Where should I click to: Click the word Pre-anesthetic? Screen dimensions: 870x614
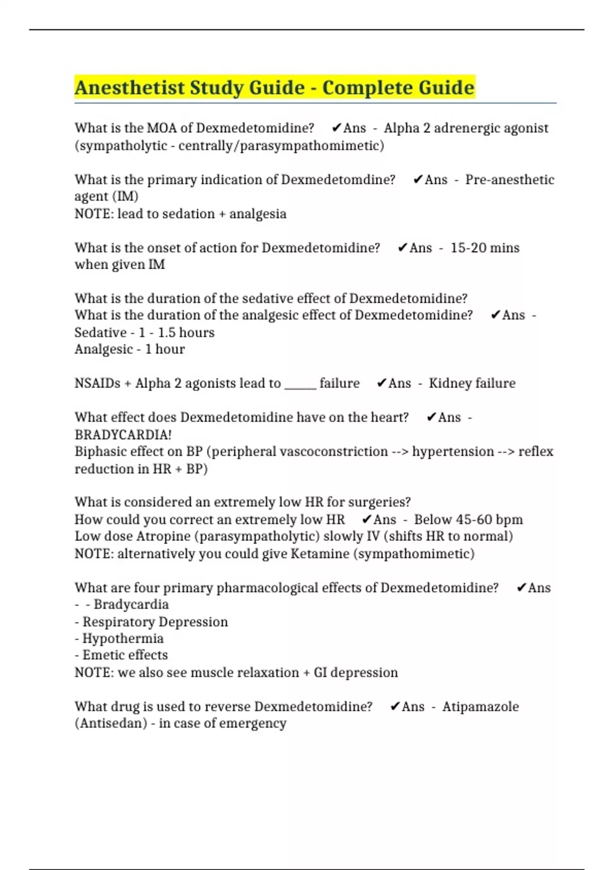510,180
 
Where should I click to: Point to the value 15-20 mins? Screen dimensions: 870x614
485,248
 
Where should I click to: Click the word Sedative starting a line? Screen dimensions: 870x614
100,333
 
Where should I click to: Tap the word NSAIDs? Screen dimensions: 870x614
97,383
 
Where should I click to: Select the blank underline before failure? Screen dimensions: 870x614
300,384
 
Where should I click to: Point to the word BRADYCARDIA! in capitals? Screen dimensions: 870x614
123,434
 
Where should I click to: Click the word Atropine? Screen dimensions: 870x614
168,536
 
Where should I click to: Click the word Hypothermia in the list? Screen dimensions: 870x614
123,639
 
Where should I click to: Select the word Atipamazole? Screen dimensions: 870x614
480,707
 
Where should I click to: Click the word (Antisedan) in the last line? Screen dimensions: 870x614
111,724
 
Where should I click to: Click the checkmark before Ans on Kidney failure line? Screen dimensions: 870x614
381,383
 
